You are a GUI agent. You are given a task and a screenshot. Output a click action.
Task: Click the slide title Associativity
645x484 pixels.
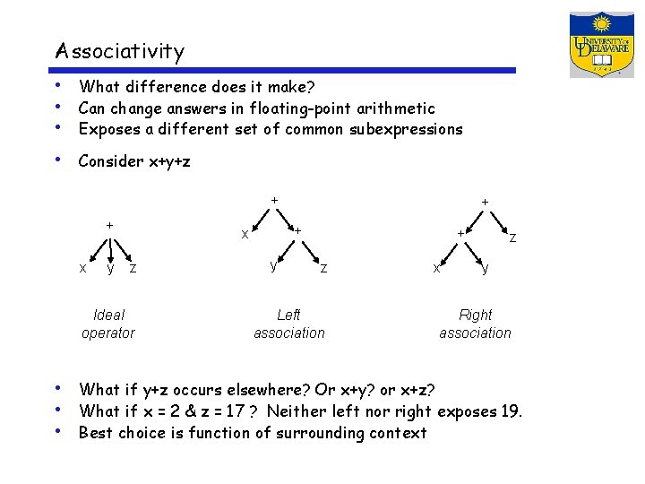coord(119,52)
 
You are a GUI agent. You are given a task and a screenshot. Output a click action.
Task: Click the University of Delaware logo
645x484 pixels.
coord(601,45)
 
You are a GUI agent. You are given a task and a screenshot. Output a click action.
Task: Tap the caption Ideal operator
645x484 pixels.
coord(108,324)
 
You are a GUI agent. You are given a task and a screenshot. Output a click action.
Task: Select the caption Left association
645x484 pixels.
coord(288,324)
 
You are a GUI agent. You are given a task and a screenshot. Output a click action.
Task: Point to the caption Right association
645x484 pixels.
coord(475,324)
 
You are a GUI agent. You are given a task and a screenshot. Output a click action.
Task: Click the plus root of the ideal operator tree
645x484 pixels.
coord(109,226)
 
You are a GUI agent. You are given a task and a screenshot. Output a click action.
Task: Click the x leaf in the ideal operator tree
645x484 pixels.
coord(82,267)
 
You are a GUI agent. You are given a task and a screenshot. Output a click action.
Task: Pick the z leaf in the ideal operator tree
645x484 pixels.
coord(133,267)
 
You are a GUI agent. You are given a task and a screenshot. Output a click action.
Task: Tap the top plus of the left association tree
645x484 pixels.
coord(274,199)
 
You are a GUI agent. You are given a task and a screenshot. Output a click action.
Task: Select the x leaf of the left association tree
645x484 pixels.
coord(245,234)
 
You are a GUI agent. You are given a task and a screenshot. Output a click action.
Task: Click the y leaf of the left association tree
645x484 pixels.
coord(273,265)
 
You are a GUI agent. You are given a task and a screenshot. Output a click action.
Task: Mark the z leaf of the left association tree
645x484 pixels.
coord(323,267)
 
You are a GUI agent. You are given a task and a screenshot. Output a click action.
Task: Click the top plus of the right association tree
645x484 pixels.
coord(485,203)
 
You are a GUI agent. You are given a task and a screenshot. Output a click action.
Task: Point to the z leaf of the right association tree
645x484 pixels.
coord(512,238)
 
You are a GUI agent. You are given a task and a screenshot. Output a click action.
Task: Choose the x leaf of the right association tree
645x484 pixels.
coord(436,267)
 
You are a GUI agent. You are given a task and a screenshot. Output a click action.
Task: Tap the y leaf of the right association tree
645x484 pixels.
coord(485,267)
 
